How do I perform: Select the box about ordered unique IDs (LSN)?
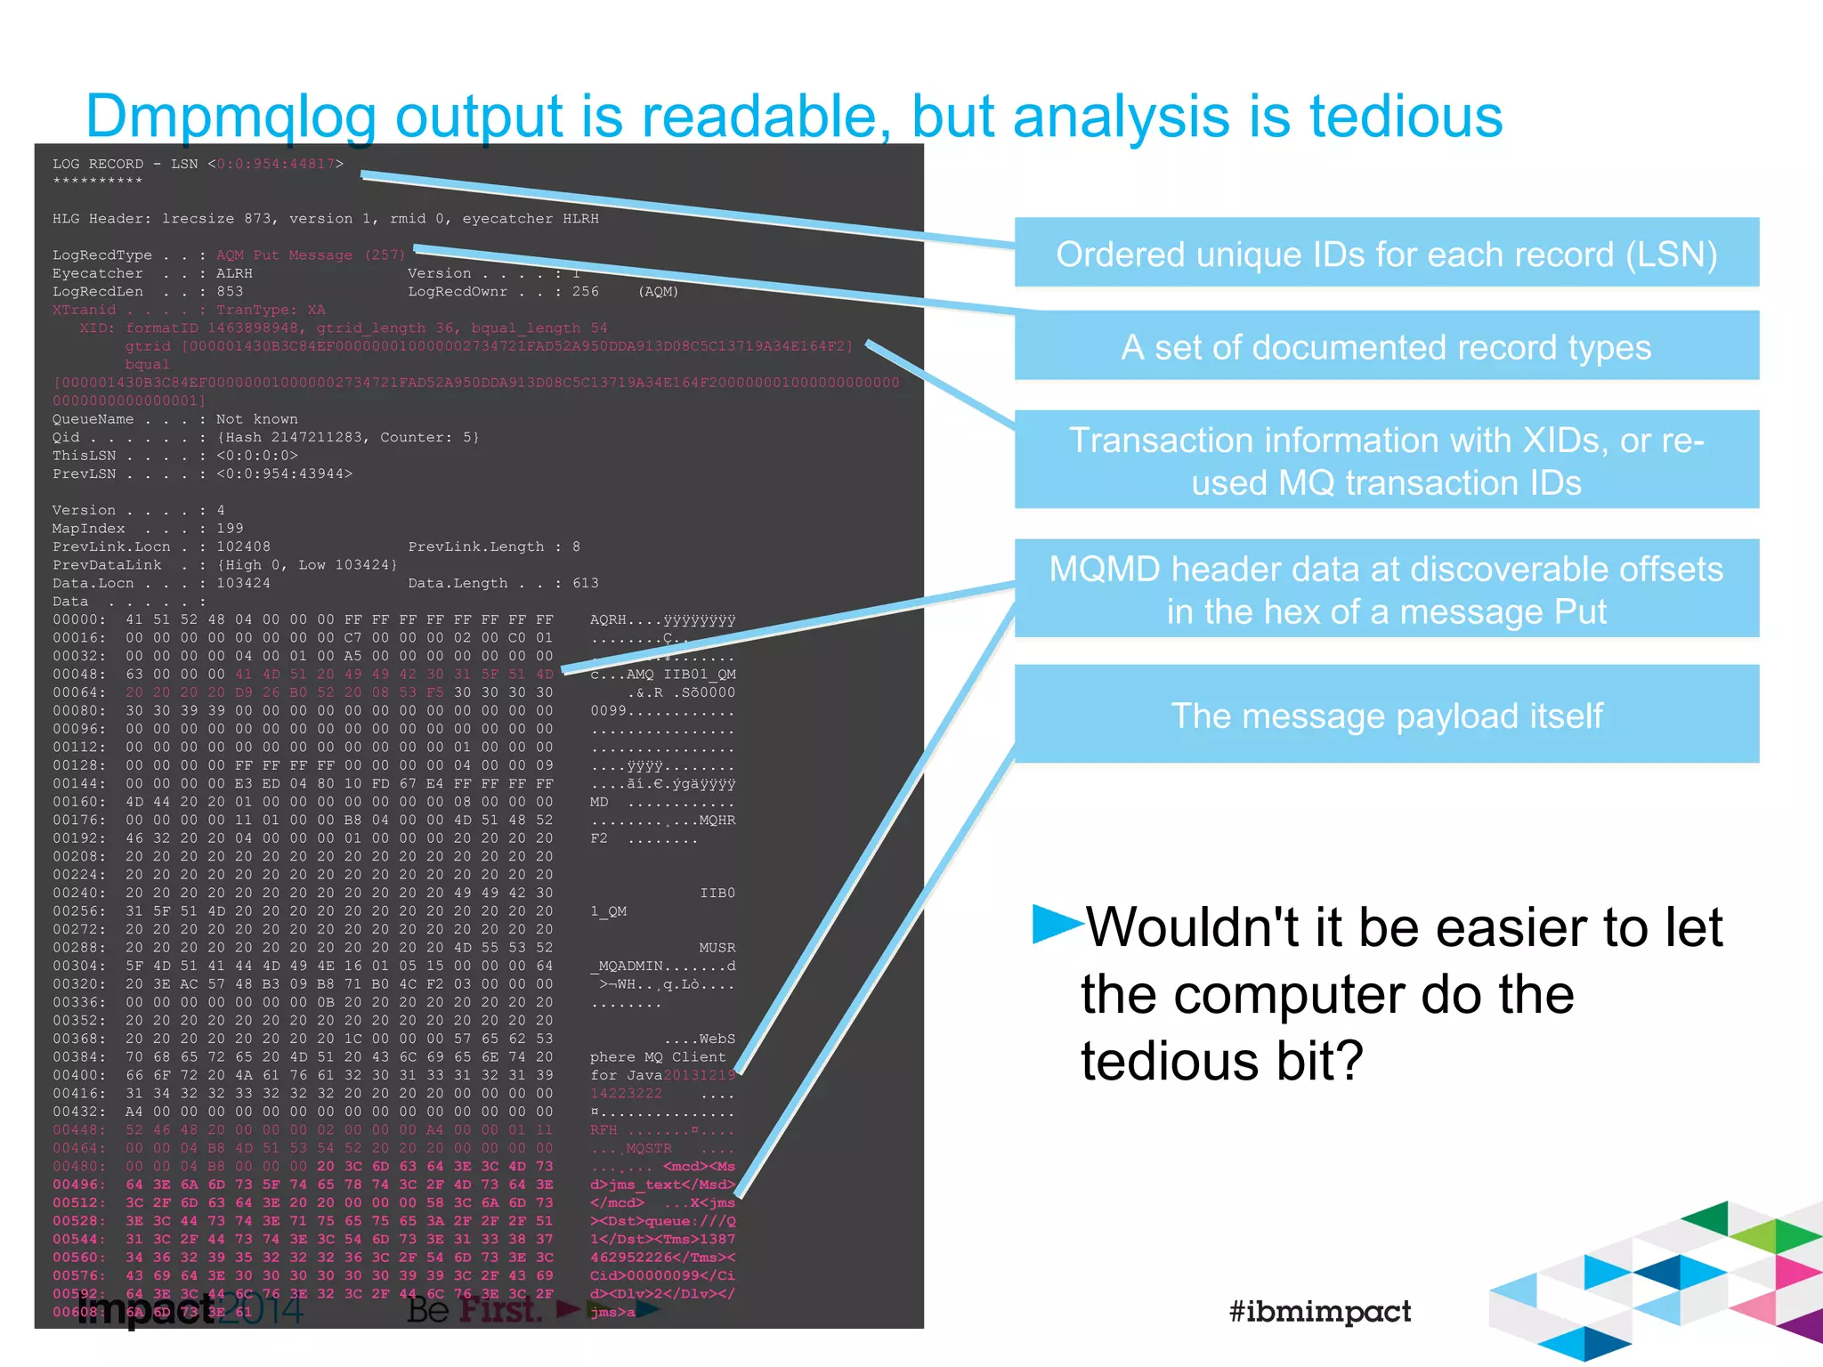click(1386, 254)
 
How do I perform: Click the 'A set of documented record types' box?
click(1386, 346)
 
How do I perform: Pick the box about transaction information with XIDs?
click(1386, 460)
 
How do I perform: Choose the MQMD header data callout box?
click(1386, 589)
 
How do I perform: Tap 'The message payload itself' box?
click(1386, 715)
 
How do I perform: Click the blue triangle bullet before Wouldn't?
click(1056, 923)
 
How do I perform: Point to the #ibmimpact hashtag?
click(1319, 1311)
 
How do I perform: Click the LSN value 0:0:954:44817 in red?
click(276, 164)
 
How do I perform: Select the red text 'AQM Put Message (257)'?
click(311, 255)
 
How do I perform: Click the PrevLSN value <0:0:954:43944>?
click(284, 473)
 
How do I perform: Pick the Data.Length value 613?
click(585, 583)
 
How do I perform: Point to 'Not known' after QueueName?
click(256, 419)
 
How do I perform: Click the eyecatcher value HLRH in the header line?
click(580, 219)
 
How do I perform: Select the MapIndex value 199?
click(230, 529)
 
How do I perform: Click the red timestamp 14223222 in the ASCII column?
click(626, 1094)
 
